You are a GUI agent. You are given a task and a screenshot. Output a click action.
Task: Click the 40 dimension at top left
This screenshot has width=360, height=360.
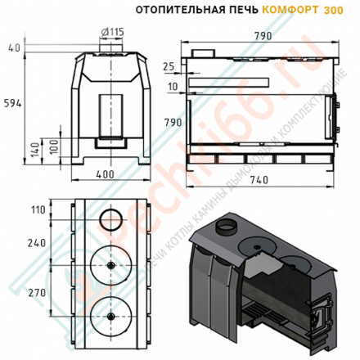point(13,47)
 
